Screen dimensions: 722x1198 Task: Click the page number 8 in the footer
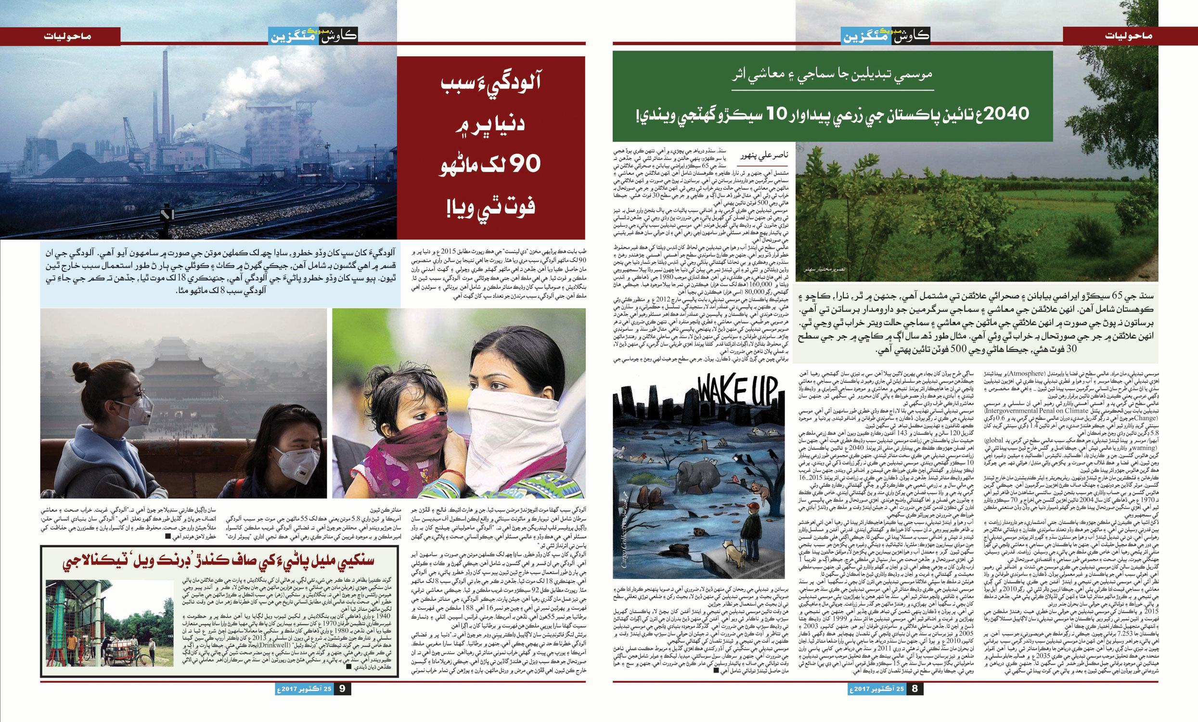(x=915, y=689)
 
